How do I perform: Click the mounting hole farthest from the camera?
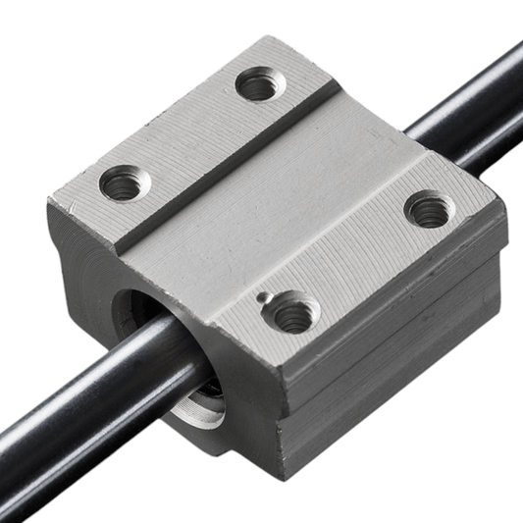[260, 84]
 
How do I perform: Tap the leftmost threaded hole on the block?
[125, 183]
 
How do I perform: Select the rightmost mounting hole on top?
[429, 209]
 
